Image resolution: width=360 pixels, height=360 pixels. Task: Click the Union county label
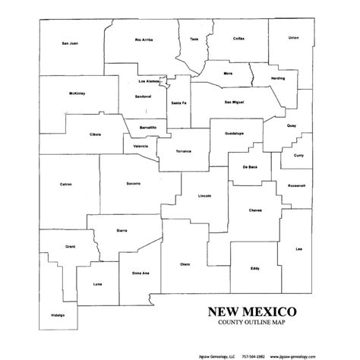point(294,36)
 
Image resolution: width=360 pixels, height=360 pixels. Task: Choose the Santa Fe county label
point(179,102)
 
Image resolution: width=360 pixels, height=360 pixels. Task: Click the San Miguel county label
point(234,101)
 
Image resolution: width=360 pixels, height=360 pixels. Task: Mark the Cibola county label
point(95,134)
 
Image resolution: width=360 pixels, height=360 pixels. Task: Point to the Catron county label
point(66,184)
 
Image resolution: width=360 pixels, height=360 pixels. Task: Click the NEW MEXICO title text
point(248,312)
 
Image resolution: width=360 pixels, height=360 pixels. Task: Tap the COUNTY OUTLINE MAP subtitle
point(248,325)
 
